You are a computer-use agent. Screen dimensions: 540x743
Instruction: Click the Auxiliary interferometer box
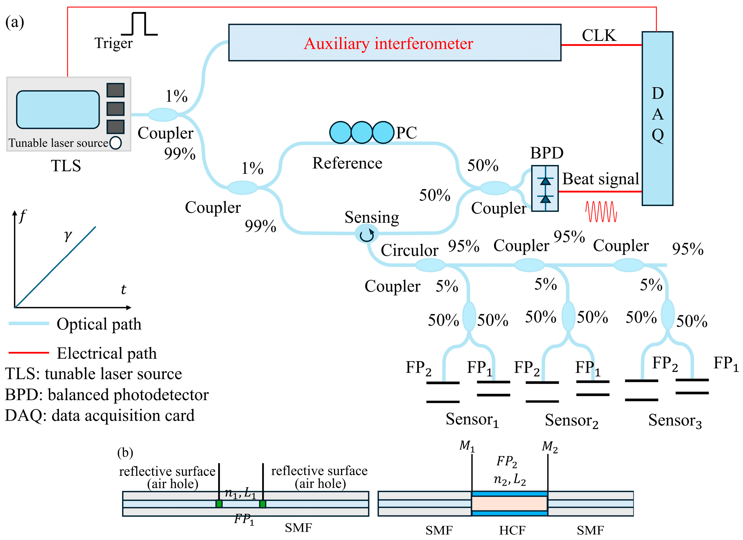[x=394, y=43]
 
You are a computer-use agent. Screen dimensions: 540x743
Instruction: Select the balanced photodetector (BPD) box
[x=545, y=189]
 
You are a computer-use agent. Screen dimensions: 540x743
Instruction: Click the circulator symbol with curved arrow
[x=367, y=234]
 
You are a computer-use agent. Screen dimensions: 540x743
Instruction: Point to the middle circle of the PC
[x=362, y=133]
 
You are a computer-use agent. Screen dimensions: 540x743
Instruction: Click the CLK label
[x=599, y=35]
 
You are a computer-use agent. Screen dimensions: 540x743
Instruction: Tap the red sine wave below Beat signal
[x=601, y=212]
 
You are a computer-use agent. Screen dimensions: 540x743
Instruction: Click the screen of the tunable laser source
[x=58, y=110]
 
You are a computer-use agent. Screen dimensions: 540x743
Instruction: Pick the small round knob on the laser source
[x=116, y=143]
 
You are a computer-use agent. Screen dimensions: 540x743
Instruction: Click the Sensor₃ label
[x=675, y=420]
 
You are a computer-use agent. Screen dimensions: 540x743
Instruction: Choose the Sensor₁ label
[x=472, y=420]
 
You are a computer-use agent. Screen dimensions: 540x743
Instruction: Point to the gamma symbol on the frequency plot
[x=68, y=235]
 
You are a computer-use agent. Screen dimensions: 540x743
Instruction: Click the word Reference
[x=347, y=163]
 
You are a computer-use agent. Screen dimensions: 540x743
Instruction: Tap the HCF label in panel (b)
[x=512, y=530]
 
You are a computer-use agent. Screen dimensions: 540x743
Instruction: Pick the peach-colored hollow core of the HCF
[x=510, y=504]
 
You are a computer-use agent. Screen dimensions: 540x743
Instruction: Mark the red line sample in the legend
[x=29, y=353]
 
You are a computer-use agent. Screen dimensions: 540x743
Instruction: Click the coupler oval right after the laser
[x=163, y=114]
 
